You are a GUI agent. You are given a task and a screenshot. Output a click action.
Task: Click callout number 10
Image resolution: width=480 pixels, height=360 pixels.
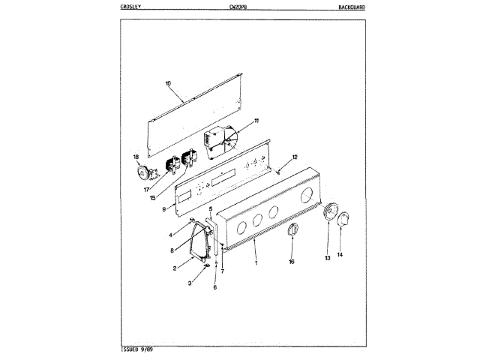(168, 83)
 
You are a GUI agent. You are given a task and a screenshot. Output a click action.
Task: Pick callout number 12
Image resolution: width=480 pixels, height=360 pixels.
(295, 157)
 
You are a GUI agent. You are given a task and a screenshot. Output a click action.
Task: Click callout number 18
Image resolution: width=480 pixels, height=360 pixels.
(136, 157)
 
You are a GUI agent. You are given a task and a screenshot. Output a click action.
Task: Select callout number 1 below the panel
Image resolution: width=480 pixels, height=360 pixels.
(256, 262)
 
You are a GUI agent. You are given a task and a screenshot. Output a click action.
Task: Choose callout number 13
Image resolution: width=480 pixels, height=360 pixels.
(328, 258)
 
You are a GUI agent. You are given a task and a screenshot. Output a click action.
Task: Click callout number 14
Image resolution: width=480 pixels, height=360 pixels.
(340, 255)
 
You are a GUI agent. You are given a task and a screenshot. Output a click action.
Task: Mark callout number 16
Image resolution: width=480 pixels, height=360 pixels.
(292, 262)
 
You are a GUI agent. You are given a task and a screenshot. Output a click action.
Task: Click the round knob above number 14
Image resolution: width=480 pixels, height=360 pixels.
(343, 222)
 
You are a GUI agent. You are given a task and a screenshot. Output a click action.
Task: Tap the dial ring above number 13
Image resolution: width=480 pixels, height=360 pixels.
(329, 213)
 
